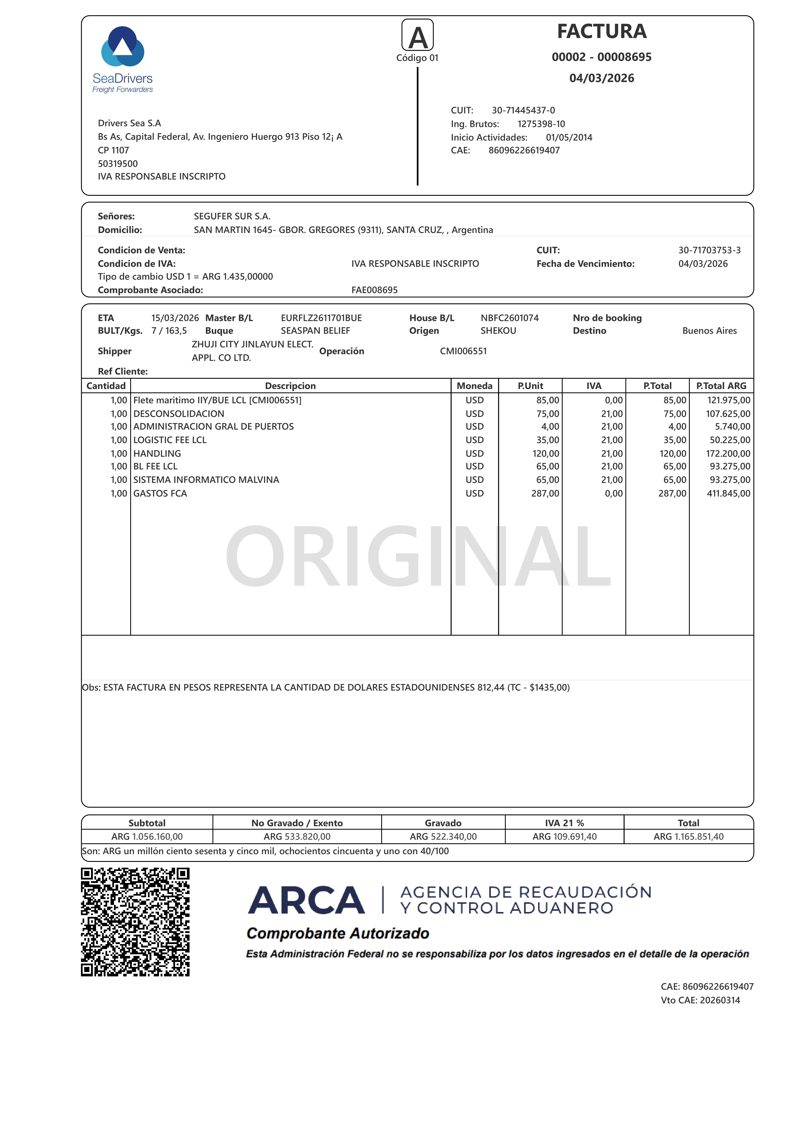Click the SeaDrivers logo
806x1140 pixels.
pyautogui.click(x=123, y=60)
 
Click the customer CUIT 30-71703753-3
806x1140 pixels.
pyautogui.click(x=709, y=250)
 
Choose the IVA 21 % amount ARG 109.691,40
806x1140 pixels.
pyautogui.click(x=565, y=837)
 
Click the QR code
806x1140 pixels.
pyautogui.click(x=135, y=922)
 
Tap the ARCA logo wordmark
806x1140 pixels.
pyautogui.click(x=306, y=900)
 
